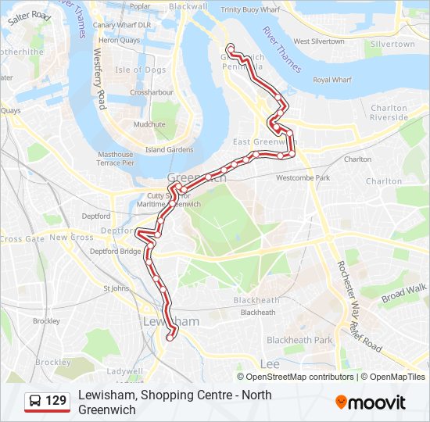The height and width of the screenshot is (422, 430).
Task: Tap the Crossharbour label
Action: pos(151,92)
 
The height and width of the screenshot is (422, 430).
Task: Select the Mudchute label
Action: pos(149,124)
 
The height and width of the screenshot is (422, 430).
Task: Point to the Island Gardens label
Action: pos(169,150)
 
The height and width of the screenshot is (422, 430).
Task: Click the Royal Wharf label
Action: pos(332,80)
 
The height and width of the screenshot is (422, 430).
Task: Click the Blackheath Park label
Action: pos(299,340)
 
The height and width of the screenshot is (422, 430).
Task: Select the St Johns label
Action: pos(116,288)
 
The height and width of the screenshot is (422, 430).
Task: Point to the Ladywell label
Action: pos(125,370)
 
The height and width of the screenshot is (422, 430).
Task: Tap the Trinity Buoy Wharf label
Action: pos(251,9)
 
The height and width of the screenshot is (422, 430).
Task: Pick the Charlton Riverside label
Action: pos(389,113)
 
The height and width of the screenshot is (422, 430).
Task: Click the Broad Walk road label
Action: pos(405,293)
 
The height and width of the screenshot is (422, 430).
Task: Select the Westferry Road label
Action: pos(99,79)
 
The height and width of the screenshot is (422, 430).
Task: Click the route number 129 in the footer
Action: pos(56,402)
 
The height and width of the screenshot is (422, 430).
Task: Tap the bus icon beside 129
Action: pos(36,402)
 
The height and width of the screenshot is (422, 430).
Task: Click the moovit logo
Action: pos(371,402)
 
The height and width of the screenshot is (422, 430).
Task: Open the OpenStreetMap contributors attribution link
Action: pos(300,377)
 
